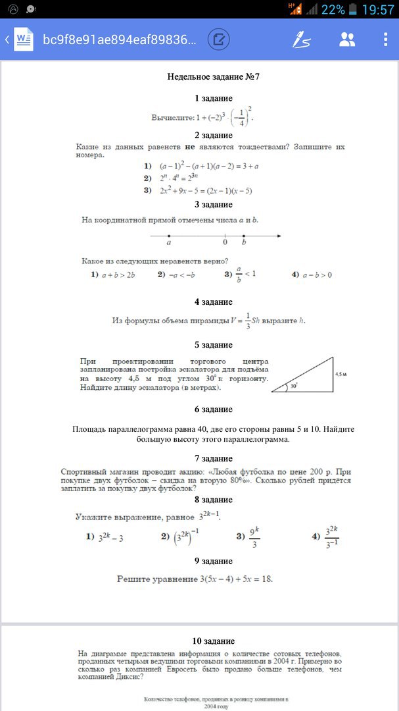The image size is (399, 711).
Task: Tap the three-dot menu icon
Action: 386,39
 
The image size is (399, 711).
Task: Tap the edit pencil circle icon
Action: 219,39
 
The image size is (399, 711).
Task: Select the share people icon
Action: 346,39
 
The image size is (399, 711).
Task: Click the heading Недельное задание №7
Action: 214,77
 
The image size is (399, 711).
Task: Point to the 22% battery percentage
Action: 333,9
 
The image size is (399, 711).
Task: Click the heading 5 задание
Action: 214,344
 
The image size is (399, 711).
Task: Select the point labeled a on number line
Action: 169,236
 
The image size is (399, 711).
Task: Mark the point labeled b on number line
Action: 244,236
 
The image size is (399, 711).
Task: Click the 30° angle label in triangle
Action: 294,386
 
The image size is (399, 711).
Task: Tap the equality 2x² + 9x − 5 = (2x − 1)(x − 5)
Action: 206,190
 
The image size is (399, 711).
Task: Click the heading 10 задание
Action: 214,641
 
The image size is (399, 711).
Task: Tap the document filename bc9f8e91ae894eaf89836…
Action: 119,39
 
